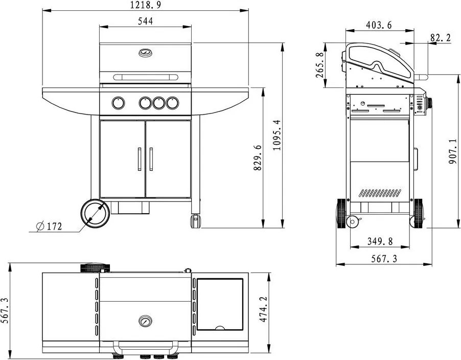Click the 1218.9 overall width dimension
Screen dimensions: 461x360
(146, 5)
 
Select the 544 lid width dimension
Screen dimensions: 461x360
(146, 21)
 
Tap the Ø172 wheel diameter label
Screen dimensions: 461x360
(49, 226)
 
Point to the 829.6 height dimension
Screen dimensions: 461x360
(257, 157)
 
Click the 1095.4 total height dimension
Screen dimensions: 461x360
(276, 135)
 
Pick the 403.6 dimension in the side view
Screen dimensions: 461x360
(379, 25)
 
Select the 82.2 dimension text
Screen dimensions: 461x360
(441, 38)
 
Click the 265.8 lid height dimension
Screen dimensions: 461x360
(320, 65)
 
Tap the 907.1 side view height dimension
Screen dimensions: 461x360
(453, 151)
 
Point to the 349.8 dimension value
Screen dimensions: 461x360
(380, 241)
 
